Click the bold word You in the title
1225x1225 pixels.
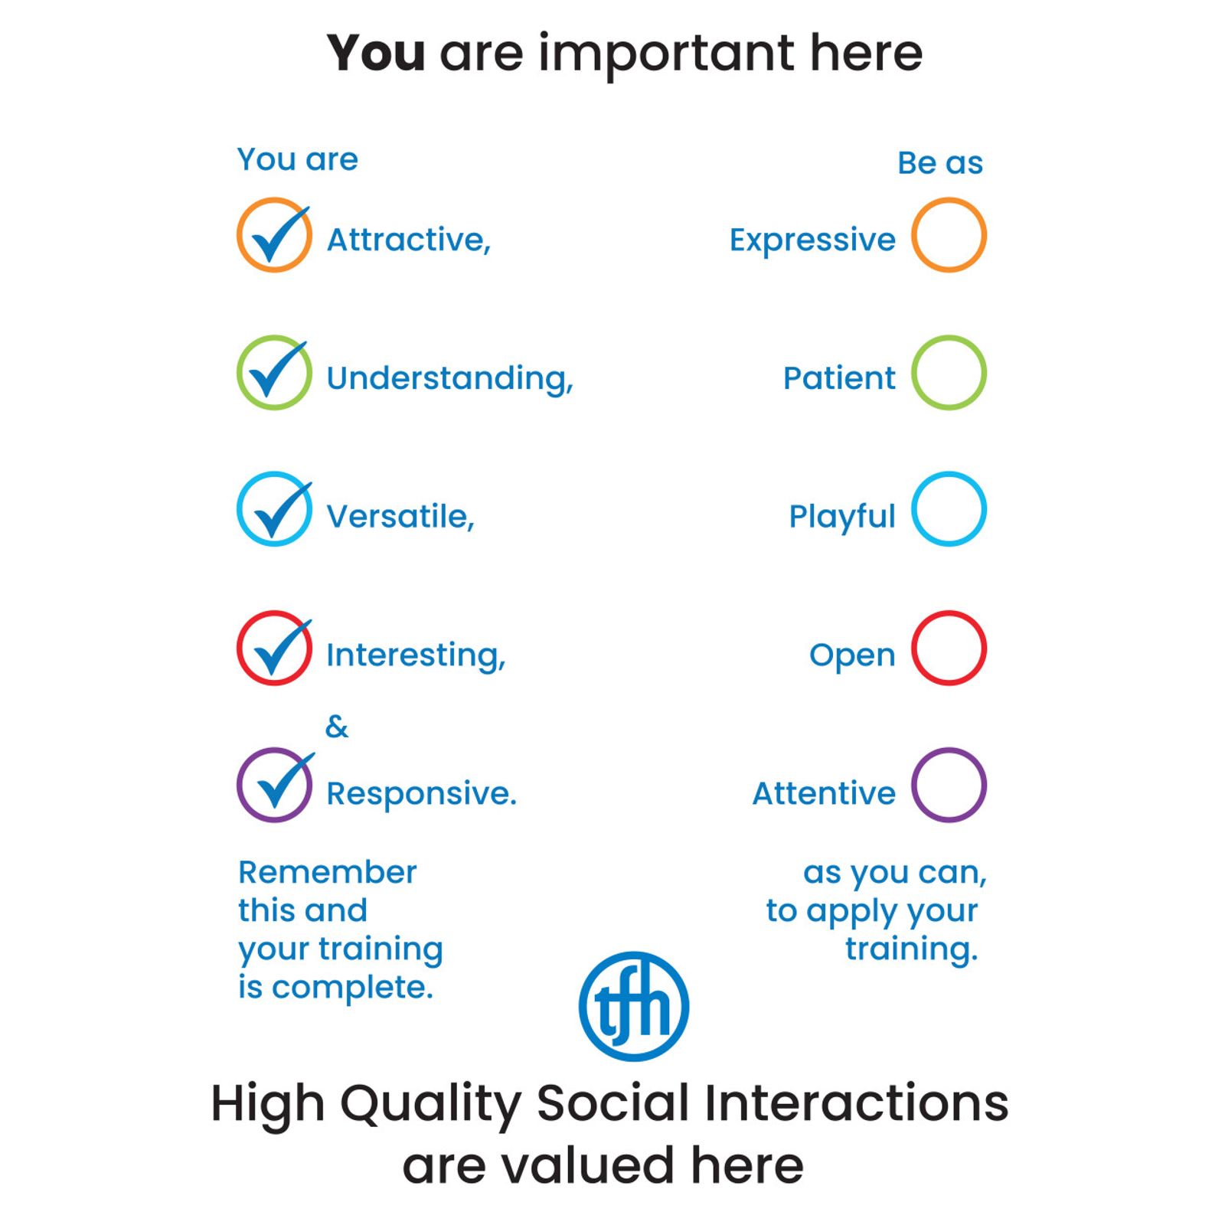376,54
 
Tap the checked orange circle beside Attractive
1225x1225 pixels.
238,235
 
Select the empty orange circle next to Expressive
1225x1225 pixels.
913,235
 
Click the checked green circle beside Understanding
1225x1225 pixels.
238,373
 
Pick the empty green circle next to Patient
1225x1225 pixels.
913,373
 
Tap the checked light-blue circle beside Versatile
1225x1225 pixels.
238,509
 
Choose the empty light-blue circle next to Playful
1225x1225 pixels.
913,509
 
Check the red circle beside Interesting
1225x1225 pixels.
238,648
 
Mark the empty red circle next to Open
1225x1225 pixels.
913,648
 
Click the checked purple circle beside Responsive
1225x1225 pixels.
238,785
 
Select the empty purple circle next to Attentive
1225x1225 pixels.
913,785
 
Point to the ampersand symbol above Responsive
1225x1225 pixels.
337,727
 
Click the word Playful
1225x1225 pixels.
841,518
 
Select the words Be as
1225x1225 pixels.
940,163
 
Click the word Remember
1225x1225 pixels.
328,872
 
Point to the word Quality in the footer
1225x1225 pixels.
431,1105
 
